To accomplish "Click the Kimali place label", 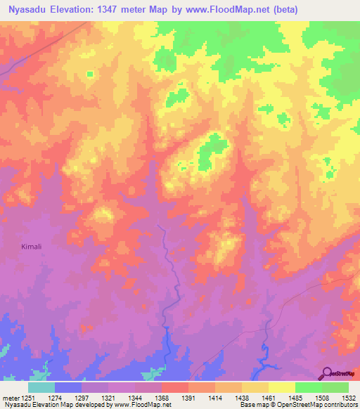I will click(x=30, y=247).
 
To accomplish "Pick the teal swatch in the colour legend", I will click(x=41, y=387).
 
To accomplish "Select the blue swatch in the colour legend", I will click(x=68, y=387).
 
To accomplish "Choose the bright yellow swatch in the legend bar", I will click(x=282, y=387).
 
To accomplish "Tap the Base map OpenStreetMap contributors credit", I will click(x=298, y=404).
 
